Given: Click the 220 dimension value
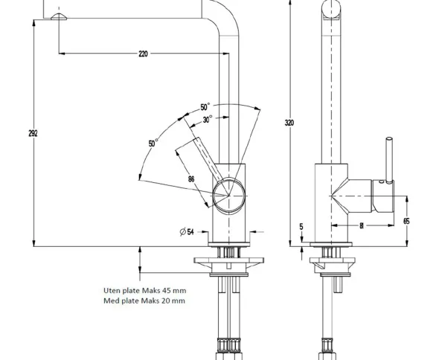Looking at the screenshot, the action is (x=143, y=54).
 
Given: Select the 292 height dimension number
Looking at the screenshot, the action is (x=33, y=134).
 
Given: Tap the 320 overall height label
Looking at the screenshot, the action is (x=289, y=123).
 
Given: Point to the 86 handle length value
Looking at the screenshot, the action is (x=191, y=179).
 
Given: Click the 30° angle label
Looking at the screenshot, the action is (x=208, y=119).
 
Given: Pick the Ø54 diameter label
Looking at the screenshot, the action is (x=187, y=232).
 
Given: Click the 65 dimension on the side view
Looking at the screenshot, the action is (x=406, y=221).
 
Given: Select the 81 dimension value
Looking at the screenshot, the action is (x=362, y=225).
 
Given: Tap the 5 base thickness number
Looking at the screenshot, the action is (x=301, y=226).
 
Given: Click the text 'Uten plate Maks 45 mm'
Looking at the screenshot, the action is (x=145, y=290).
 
